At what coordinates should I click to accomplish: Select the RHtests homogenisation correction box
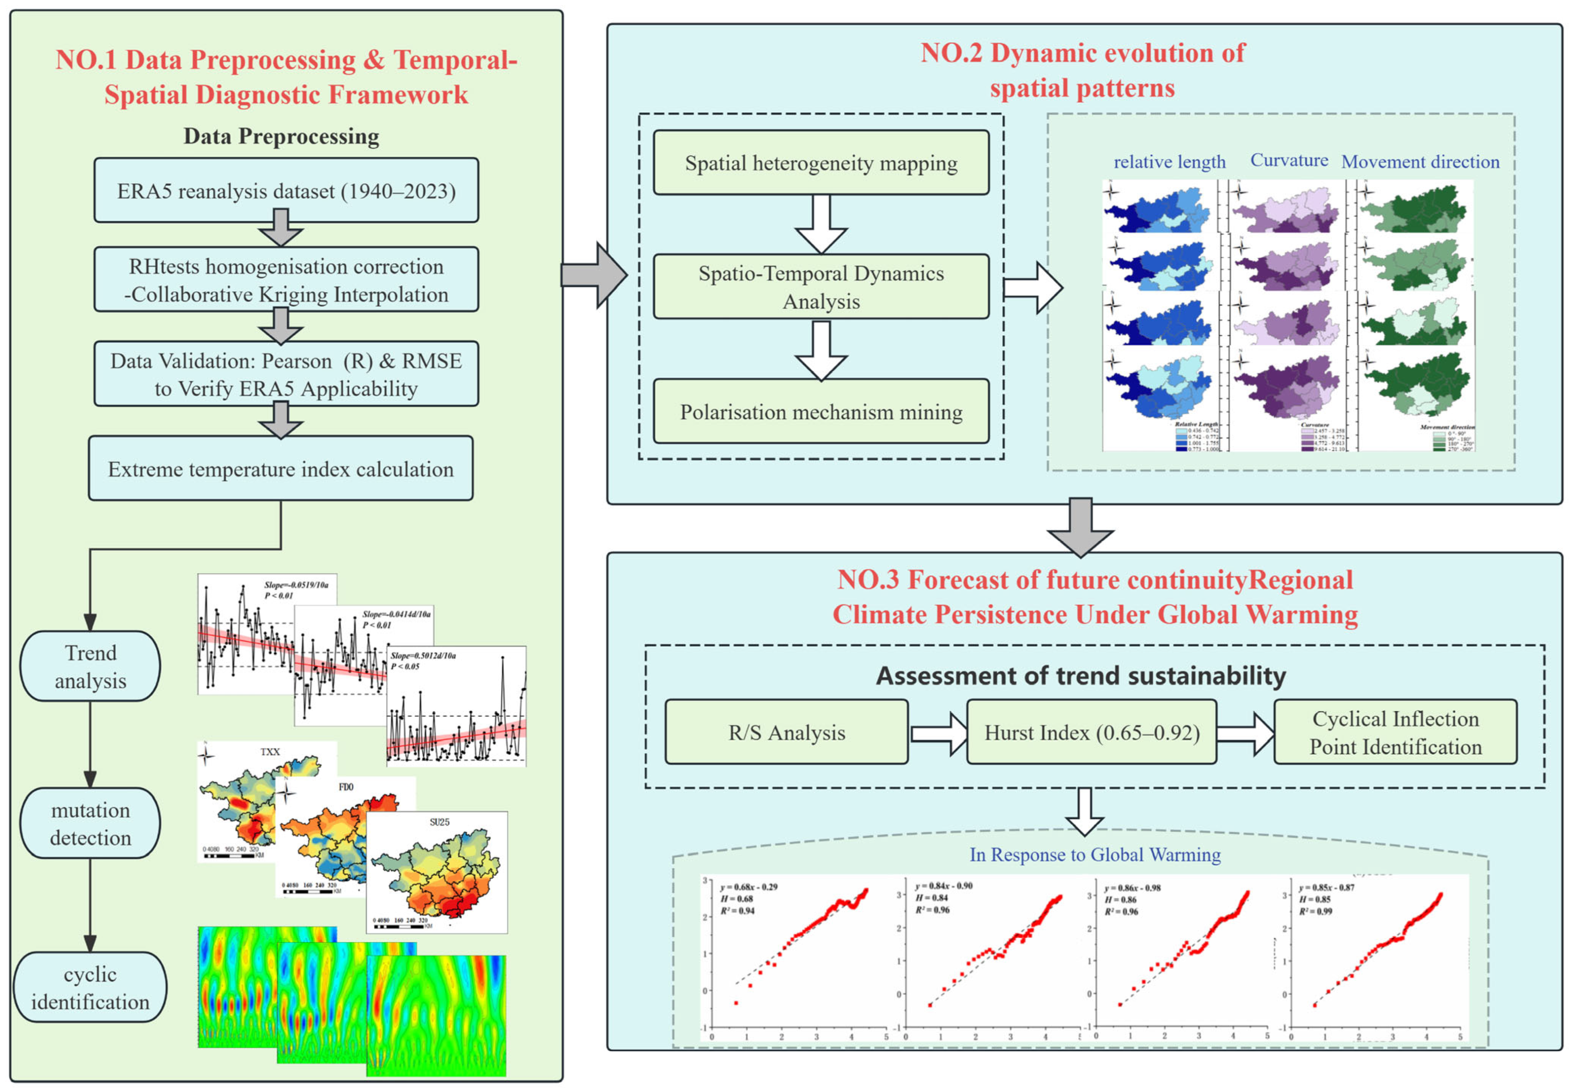(x=286, y=280)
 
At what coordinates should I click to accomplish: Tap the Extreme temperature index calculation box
(x=281, y=469)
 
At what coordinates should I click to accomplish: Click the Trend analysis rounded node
(x=90, y=667)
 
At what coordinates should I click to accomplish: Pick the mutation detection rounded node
(x=90, y=823)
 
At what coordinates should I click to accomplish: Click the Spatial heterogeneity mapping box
(x=821, y=163)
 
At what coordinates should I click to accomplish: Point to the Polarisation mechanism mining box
(x=821, y=412)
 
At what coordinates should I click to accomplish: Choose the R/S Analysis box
(x=787, y=732)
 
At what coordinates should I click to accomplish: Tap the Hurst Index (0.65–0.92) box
(x=1092, y=732)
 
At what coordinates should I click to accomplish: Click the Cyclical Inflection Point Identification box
(x=1395, y=732)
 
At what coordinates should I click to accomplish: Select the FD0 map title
(x=346, y=787)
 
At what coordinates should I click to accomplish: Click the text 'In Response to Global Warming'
(x=1095, y=855)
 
